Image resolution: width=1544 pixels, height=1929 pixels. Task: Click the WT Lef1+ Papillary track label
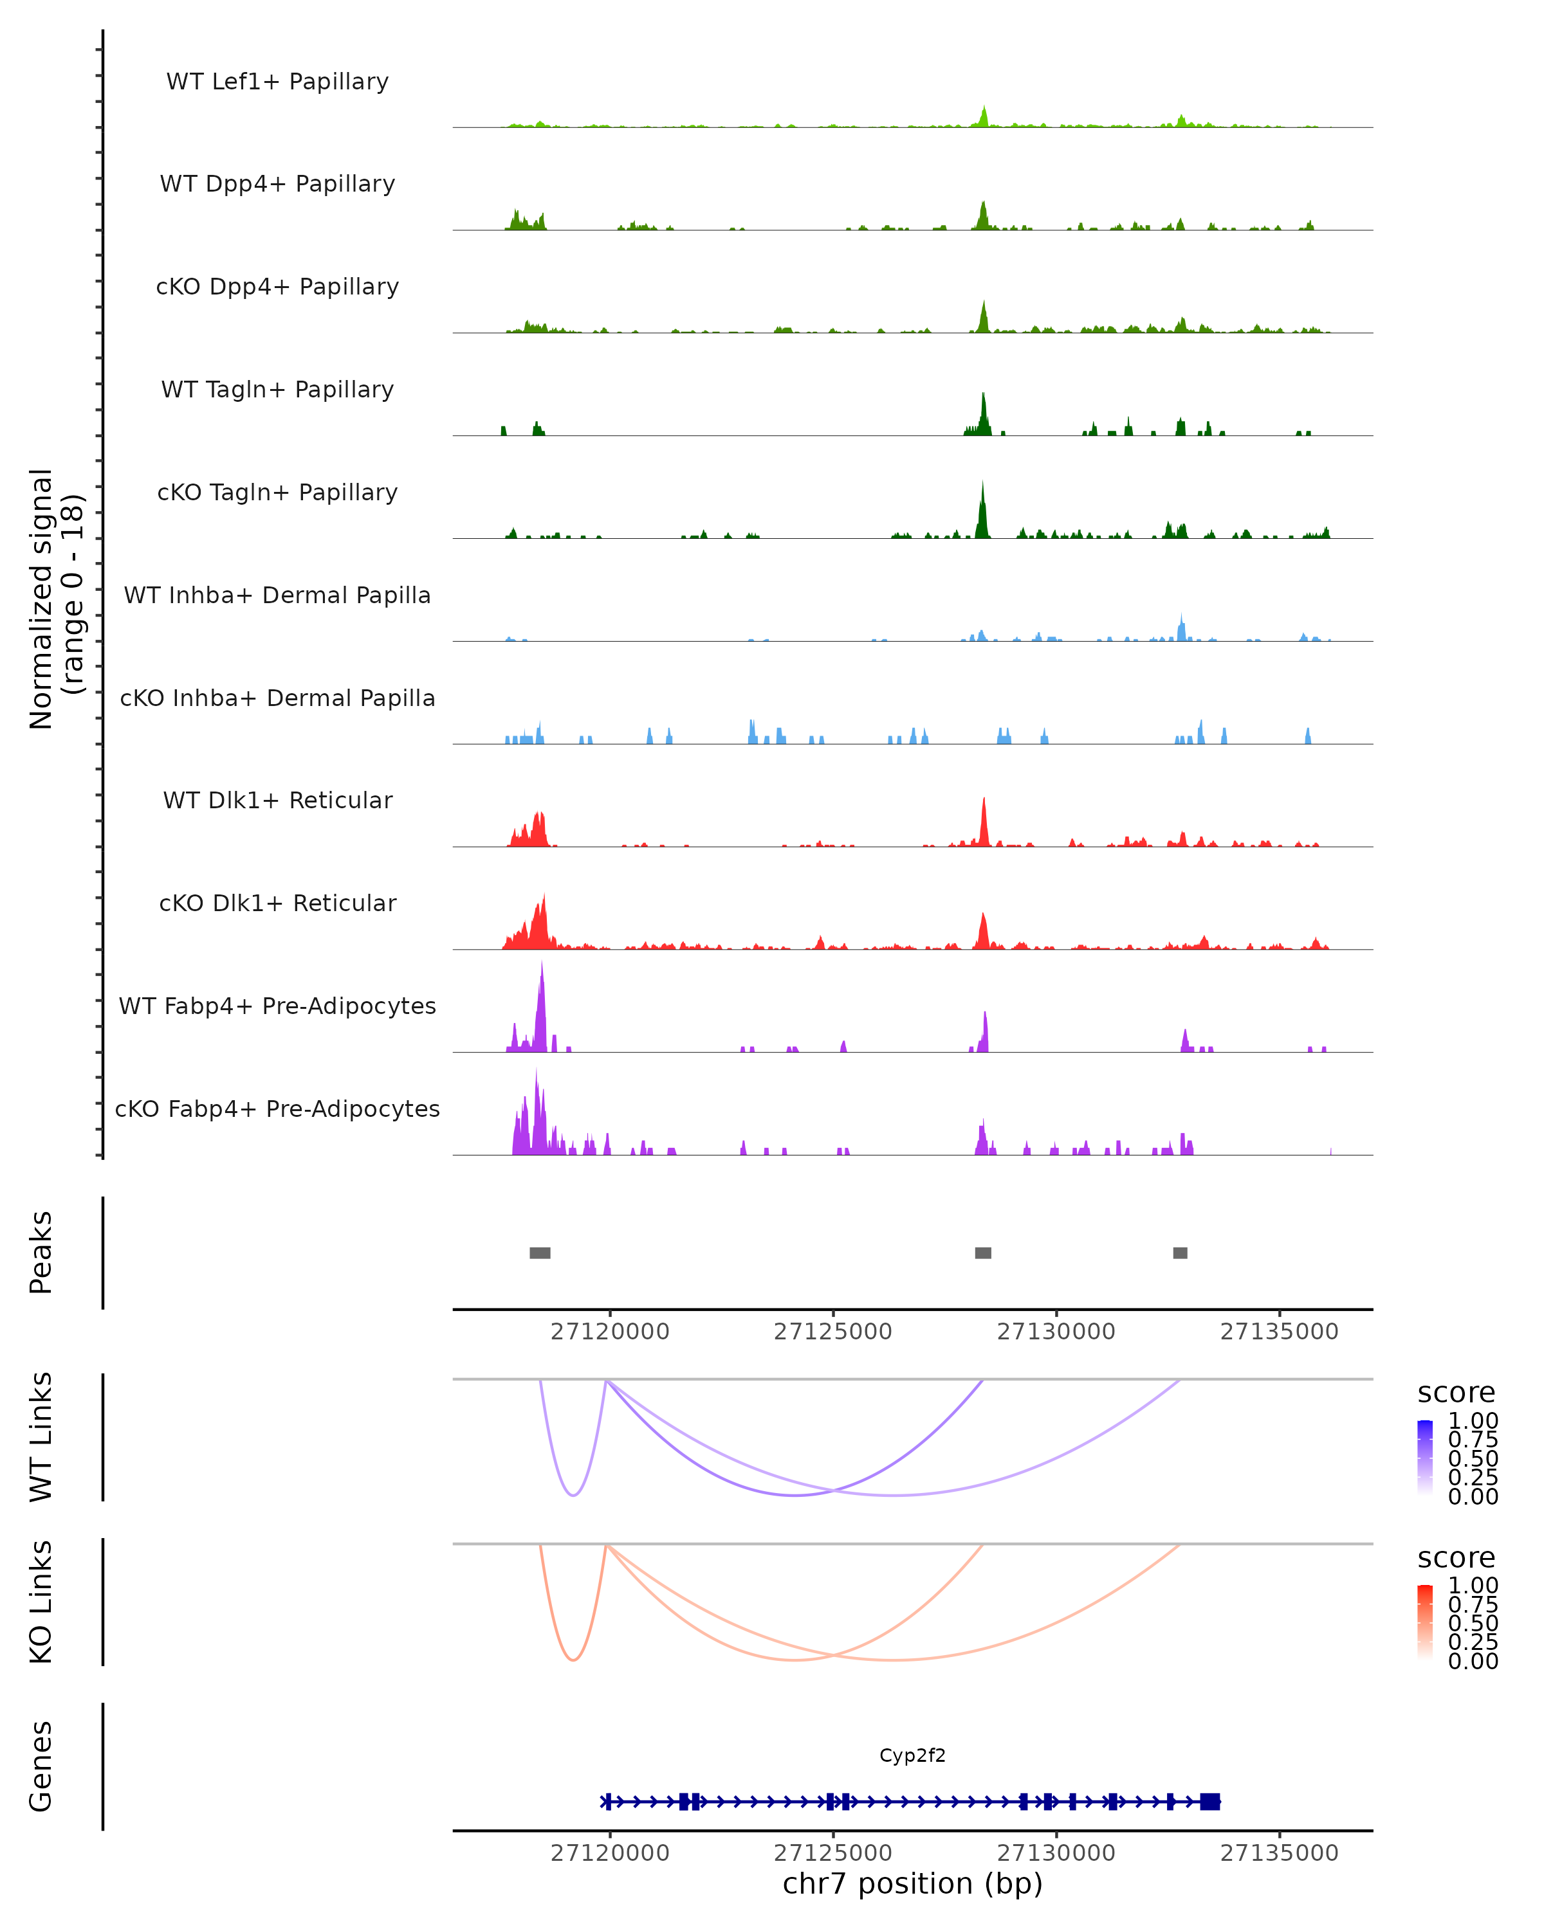[x=277, y=82]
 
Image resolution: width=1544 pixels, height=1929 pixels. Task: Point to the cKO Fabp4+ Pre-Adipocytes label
[x=277, y=1109]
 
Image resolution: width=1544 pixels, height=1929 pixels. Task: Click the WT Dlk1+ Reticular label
[x=277, y=800]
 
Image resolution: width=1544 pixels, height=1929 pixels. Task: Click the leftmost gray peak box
[x=540, y=1253]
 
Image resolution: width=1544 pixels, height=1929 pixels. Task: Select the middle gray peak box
[x=983, y=1253]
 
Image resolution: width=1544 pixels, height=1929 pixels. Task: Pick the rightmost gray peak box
[x=1180, y=1253]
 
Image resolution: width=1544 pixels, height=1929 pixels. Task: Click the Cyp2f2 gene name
[x=912, y=1755]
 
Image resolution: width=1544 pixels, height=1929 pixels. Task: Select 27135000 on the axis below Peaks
[x=1279, y=1332]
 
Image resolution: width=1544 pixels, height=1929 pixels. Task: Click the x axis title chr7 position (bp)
[x=912, y=1883]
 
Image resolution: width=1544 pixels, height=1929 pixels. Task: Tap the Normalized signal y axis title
[x=55, y=599]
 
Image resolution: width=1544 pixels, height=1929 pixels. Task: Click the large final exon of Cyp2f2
[x=1209, y=1801]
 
